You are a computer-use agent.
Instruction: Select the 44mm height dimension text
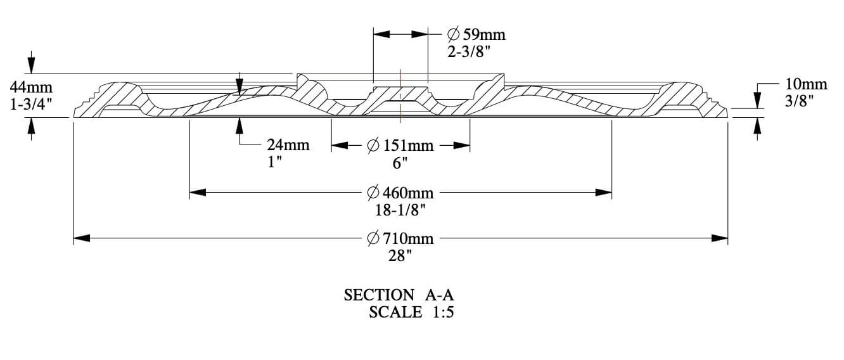(x=31, y=87)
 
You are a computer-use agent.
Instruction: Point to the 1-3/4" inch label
(x=31, y=105)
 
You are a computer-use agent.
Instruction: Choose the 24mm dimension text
(x=288, y=145)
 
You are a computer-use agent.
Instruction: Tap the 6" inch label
(x=400, y=163)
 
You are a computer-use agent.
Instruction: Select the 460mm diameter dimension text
(x=400, y=192)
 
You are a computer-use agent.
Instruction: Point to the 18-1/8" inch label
(x=400, y=209)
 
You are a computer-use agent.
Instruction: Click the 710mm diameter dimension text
(x=400, y=238)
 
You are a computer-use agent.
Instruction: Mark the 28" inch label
(x=400, y=255)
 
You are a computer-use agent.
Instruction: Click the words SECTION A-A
(x=399, y=295)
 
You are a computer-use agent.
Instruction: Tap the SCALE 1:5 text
(x=411, y=312)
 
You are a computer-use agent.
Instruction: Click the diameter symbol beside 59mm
(x=454, y=34)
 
